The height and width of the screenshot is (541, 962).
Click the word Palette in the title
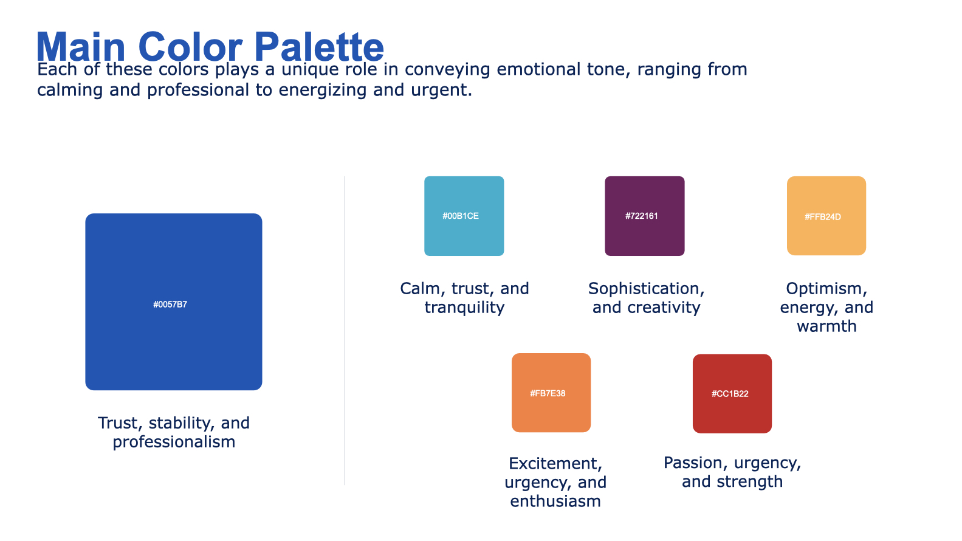[x=319, y=47]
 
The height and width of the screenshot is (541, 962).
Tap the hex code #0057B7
[x=170, y=305]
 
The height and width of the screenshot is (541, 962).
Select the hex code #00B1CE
[x=461, y=216]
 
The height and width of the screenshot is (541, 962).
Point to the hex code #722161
[x=641, y=216]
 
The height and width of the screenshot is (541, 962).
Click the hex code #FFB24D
[x=822, y=217]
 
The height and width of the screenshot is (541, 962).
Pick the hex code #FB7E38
[x=548, y=394]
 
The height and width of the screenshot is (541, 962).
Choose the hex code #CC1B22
[x=730, y=394]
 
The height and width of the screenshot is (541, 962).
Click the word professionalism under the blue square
[x=174, y=443]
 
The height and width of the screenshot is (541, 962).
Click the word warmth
[x=826, y=326]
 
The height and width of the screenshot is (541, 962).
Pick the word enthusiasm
[x=555, y=501]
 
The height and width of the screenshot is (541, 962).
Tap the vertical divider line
[x=345, y=331]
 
